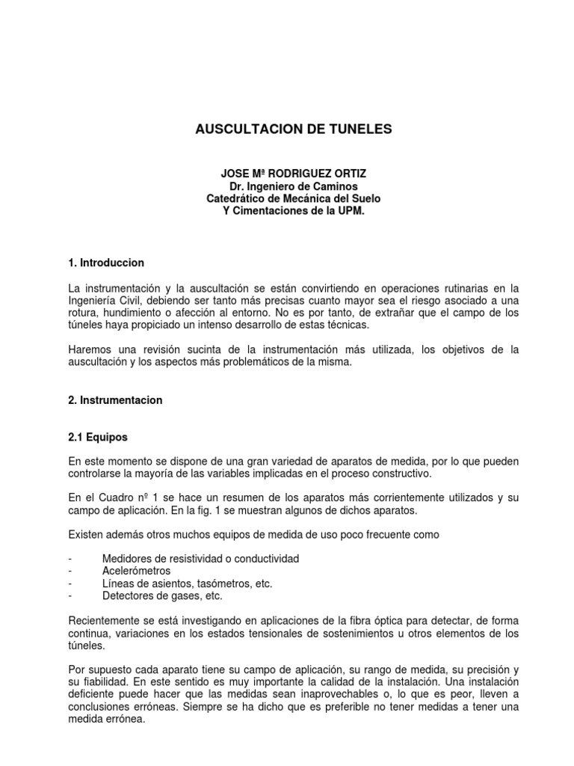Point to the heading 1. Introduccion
(x=105, y=263)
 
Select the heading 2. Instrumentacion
(x=114, y=400)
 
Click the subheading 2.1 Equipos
(x=98, y=436)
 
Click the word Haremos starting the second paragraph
(x=89, y=350)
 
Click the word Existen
(x=87, y=535)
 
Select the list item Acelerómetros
(x=137, y=571)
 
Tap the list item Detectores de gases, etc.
(x=162, y=596)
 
